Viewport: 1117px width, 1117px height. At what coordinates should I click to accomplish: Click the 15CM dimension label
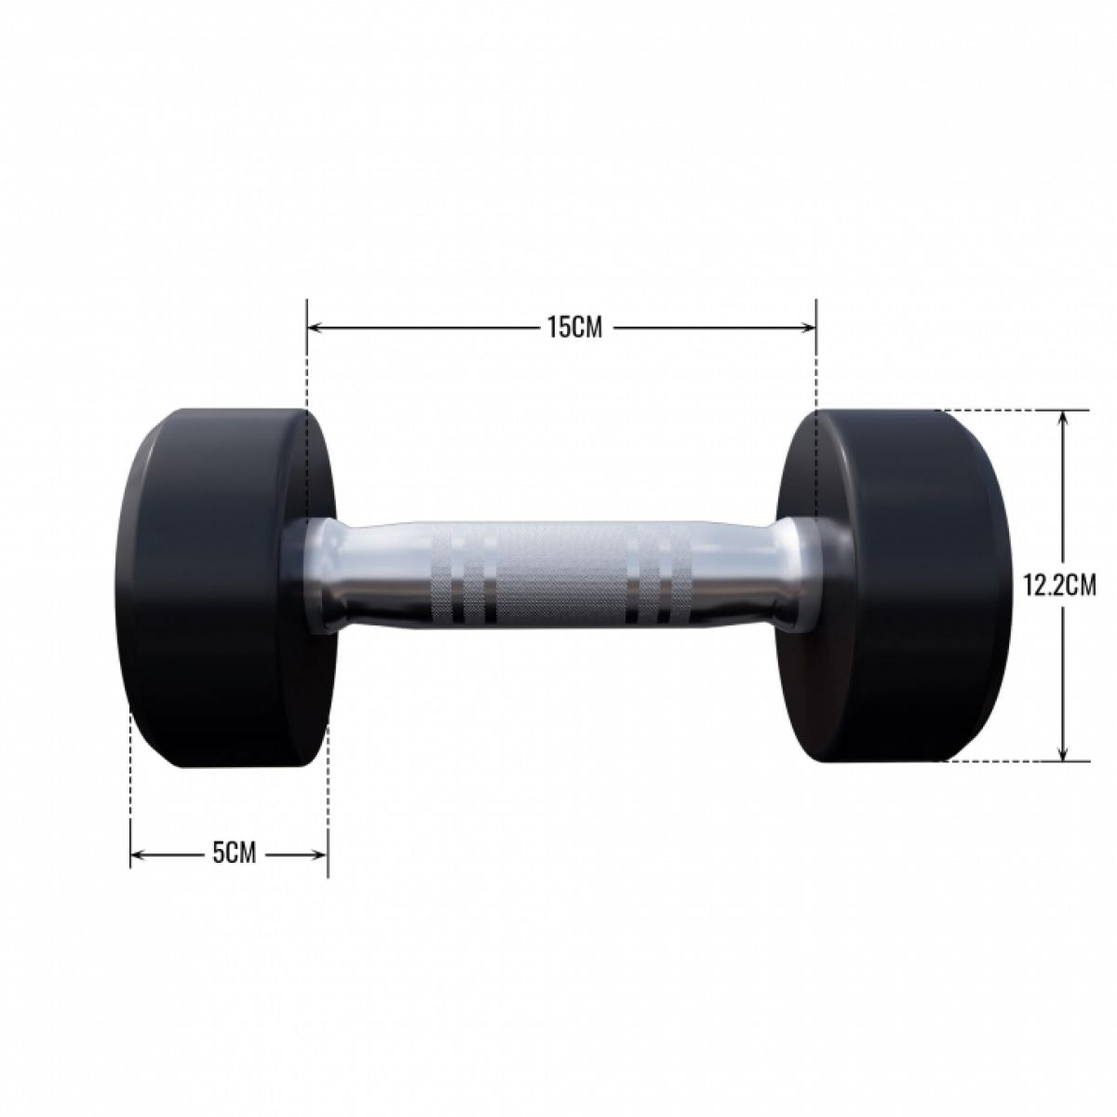(x=561, y=328)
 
